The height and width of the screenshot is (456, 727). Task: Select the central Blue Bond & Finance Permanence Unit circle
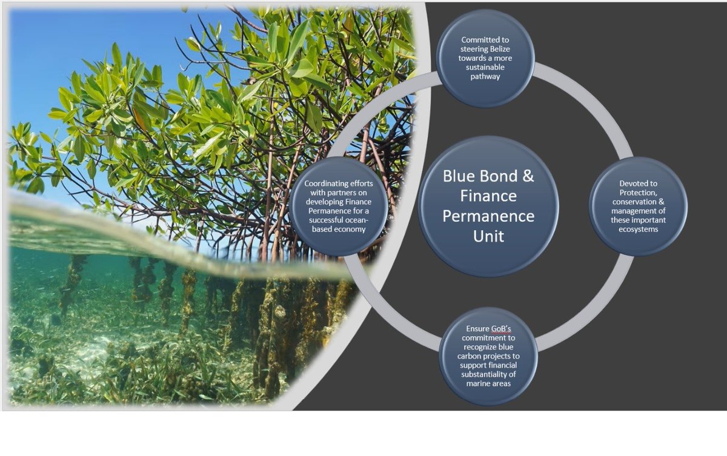[488, 206]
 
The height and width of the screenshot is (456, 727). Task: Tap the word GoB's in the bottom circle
[502, 328]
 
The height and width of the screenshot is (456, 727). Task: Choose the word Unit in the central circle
[488, 236]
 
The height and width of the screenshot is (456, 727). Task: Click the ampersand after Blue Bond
[528, 176]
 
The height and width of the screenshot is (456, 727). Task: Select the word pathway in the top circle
[485, 76]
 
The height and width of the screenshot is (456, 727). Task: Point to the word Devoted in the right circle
[639, 183]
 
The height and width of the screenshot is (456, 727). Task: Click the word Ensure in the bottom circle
[477, 328]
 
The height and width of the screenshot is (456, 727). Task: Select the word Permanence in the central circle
[488, 216]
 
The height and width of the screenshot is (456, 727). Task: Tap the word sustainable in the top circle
[485, 68]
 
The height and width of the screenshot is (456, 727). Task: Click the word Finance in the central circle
[488, 196]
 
